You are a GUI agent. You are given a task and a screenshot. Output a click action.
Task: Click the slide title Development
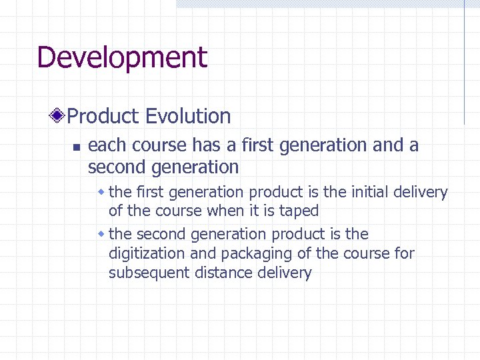pos(122,58)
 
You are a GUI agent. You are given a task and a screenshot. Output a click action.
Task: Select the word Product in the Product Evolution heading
pos(103,116)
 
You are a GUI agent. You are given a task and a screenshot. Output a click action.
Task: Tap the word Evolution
pos(188,116)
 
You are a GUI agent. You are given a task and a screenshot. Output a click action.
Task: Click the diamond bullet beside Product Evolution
pos(59,116)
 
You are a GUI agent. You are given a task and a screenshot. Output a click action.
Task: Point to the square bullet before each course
pos(76,147)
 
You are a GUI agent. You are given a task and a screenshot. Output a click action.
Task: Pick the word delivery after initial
pos(421,193)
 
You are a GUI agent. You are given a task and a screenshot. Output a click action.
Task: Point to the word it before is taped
pos(255,211)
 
